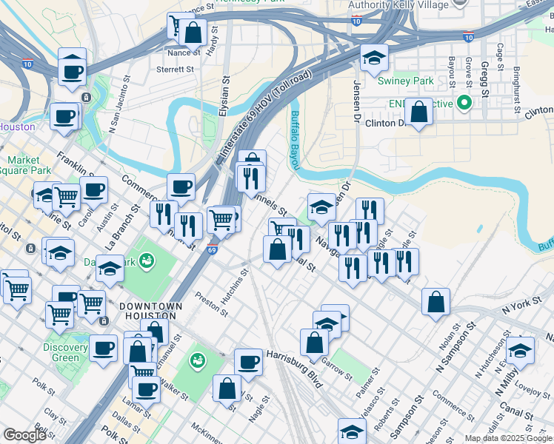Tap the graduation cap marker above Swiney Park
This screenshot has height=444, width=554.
tap(374, 58)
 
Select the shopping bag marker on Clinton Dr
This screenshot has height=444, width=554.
tap(418, 112)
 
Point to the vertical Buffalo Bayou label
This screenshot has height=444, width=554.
tap(296, 127)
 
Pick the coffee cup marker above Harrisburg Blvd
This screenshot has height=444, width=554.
tap(248, 362)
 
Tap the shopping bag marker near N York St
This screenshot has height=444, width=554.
tap(435, 302)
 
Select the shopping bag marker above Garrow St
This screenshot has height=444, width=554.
tap(314, 342)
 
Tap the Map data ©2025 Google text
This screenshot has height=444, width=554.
tap(508, 438)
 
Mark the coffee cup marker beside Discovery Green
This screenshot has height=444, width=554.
tap(103, 348)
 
